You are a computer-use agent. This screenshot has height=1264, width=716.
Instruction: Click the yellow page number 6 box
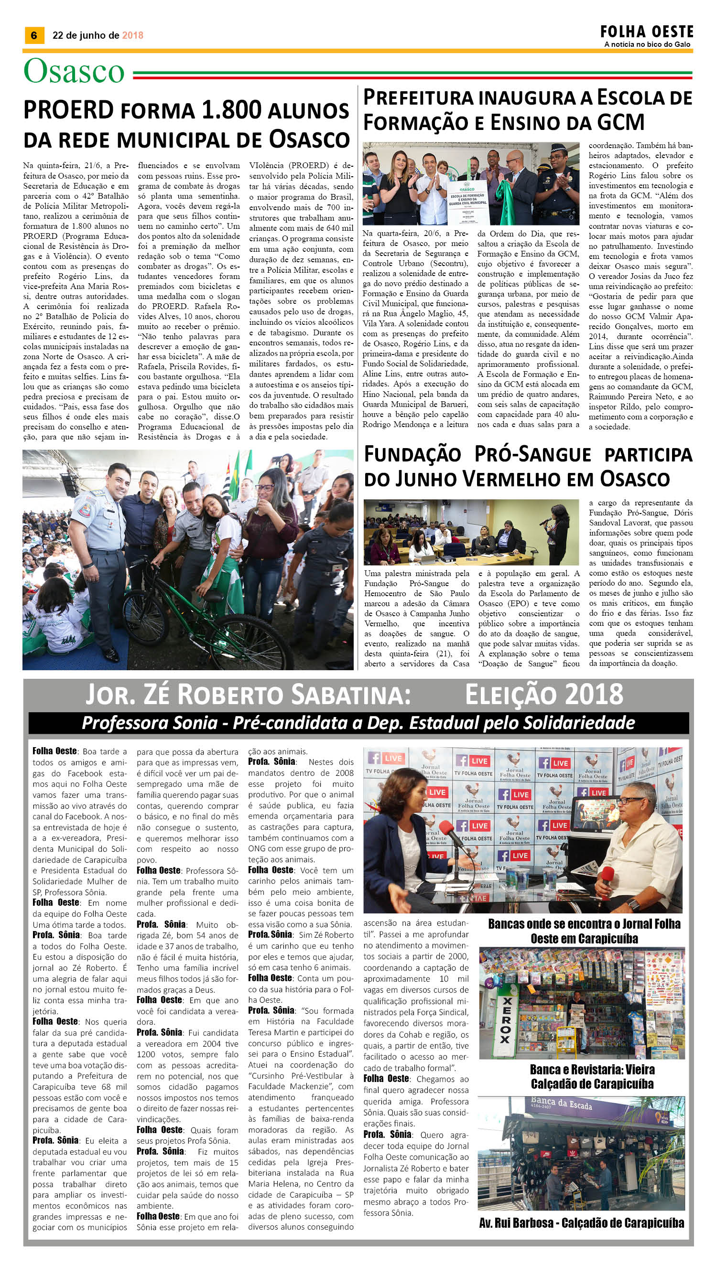(34, 35)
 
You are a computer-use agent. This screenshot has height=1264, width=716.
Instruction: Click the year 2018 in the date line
(132, 35)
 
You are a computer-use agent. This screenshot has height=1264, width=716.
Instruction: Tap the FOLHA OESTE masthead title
(646, 32)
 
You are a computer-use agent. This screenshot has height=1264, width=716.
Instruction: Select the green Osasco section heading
(74, 72)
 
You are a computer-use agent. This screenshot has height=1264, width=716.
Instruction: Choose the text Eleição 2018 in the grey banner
(544, 695)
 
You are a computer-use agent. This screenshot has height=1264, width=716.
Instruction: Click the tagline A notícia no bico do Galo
(647, 44)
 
